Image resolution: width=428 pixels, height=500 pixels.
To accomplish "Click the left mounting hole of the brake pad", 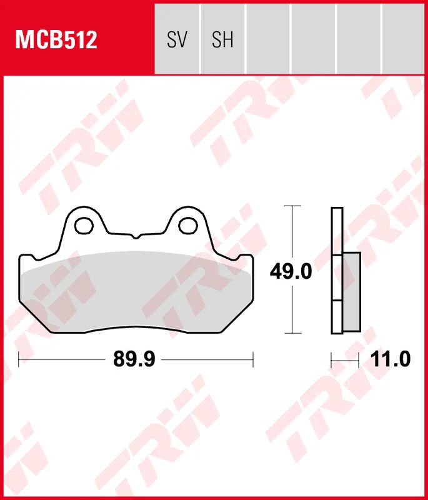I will coord(83,224).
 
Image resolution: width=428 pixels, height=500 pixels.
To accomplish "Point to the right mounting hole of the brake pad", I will coord(186,224).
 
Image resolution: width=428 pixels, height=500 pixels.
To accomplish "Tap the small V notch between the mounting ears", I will coord(134,237).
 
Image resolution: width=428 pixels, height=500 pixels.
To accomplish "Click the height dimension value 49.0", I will coord(291,272).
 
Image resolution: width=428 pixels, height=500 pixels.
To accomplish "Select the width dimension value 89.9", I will coord(134,359).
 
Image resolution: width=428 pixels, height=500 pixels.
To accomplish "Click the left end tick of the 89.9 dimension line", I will coord(19,359).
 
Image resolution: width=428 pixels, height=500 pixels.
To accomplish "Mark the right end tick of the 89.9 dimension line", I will coord(252,359).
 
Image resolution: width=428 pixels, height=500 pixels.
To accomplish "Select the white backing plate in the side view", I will coord(337,231).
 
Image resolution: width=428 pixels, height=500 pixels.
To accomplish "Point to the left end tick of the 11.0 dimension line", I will coord(332,359).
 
